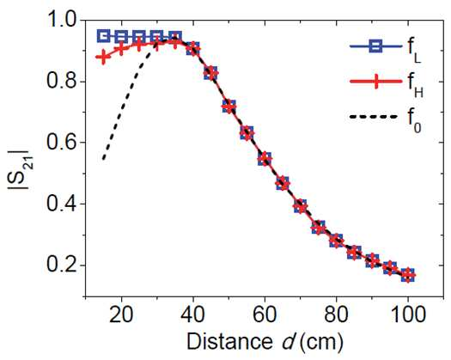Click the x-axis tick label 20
coord(121,314)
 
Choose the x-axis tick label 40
coord(193,314)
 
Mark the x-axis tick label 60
coord(265,314)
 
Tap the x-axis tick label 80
coord(336,314)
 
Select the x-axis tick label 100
coord(407,314)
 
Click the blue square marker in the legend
coord(376,46)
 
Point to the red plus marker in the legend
coord(376,82)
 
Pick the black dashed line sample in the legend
coord(374,117)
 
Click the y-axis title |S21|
coord(21,169)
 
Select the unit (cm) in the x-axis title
coord(321,343)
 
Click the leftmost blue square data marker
coord(103,36)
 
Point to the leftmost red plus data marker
coord(103,57)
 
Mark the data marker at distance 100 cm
coord(408,276)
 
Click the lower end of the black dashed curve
coord(104,159)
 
